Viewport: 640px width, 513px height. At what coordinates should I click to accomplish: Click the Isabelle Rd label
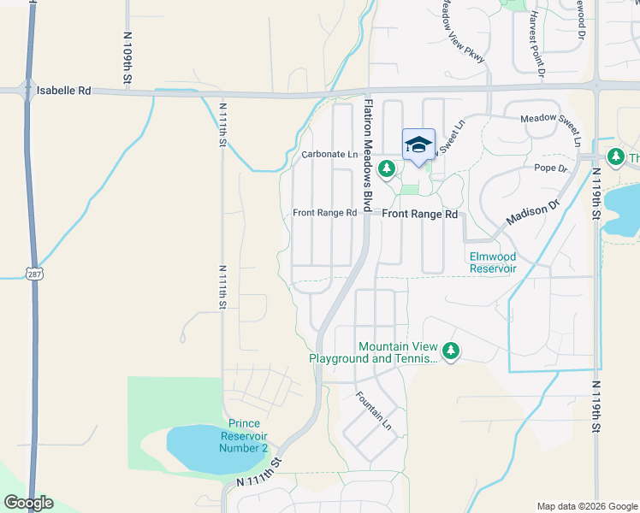64,89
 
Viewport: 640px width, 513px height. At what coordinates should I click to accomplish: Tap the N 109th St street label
127,58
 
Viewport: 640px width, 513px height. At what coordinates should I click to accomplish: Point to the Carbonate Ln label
329,155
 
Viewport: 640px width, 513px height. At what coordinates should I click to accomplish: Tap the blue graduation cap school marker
418,144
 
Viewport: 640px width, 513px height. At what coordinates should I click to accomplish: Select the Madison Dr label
530,209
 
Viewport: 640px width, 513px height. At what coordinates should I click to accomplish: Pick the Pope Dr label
551,168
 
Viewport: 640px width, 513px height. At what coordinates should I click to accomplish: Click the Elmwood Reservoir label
493,262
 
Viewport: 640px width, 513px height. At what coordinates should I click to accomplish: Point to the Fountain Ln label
373,411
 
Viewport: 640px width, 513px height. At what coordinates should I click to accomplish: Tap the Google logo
28,503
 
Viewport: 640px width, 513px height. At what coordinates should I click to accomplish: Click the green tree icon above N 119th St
615,156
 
